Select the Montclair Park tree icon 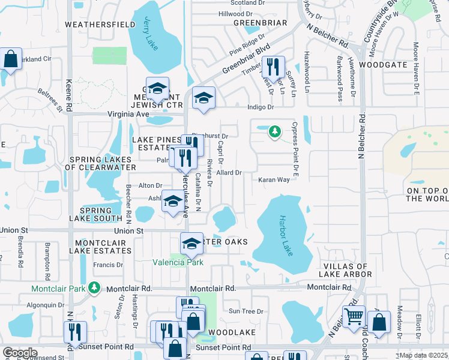94,288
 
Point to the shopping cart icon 354,315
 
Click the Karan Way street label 274,179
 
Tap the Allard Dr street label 229,173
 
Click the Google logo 20,353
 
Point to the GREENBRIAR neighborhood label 260,23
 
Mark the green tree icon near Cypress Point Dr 274,130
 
